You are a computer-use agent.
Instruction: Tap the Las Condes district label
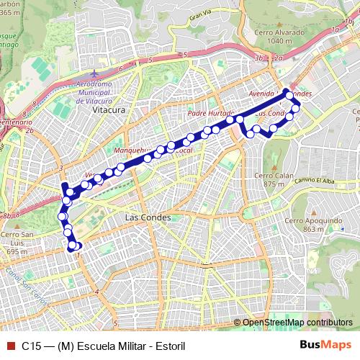147,217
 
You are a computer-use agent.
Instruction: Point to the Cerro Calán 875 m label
275,180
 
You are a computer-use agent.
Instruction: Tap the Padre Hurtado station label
210,114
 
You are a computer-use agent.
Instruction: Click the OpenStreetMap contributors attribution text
297,323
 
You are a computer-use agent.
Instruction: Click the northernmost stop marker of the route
288,94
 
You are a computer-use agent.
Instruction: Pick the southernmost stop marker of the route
73,247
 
